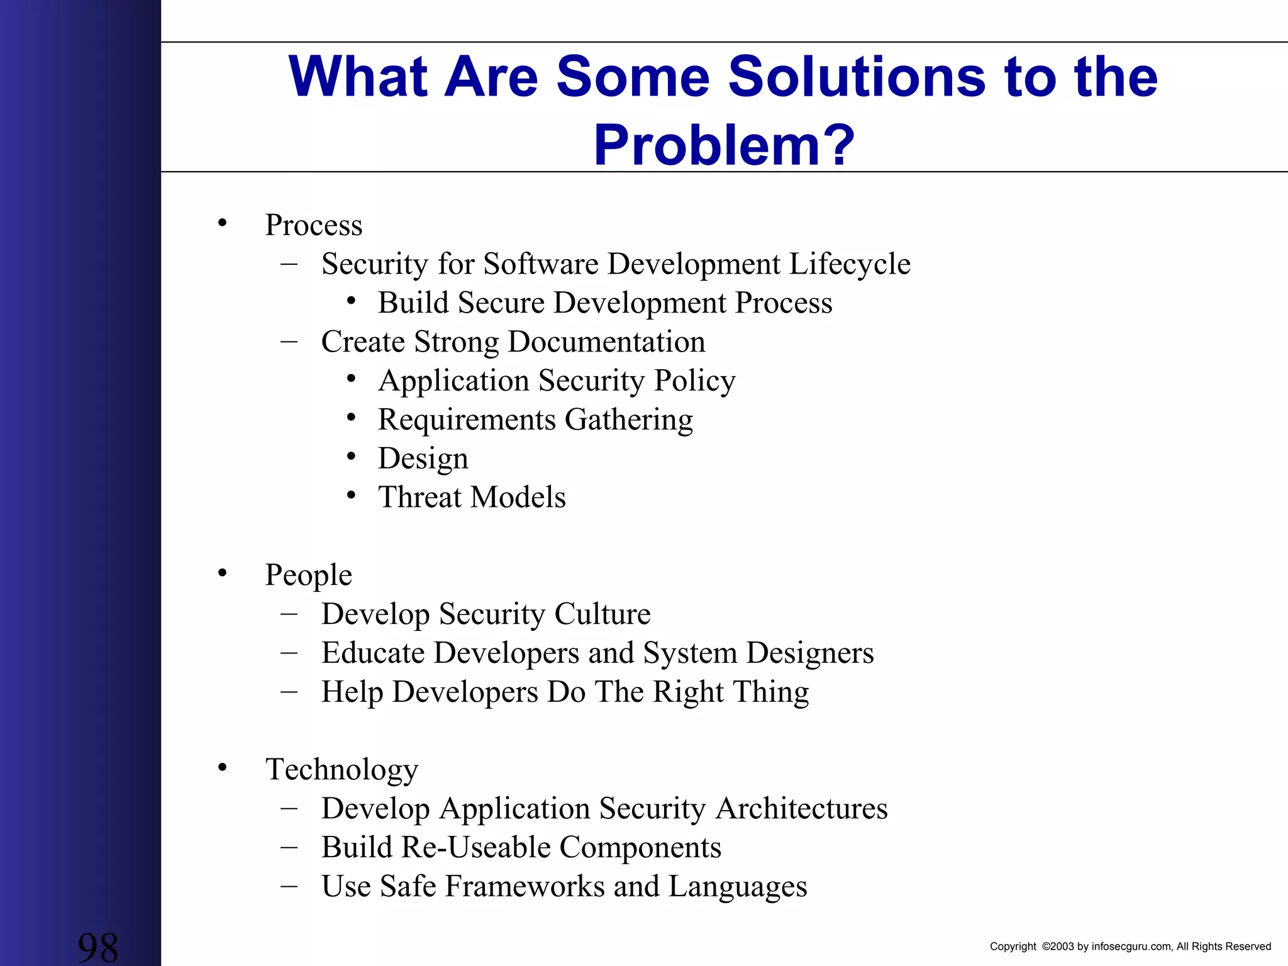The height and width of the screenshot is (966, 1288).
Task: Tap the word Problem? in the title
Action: [x=724, y=145]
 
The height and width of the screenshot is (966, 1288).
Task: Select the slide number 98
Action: [x=97, y=947]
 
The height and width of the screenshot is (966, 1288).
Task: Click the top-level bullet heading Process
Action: [x=313, y=225]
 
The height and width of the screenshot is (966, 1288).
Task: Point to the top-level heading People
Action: [x=308, y=575]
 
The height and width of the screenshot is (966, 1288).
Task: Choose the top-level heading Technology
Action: [x=341, y=769]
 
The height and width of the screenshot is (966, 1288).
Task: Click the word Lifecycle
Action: [x=849, y=264]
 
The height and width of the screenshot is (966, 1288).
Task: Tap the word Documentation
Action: [x=606, y=342]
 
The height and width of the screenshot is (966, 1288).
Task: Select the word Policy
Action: [x=694, y=381]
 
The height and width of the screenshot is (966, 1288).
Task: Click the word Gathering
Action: [x=628, y=420]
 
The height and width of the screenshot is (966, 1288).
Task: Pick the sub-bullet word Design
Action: [x=423, y=459]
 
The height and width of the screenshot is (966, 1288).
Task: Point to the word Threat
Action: [x=420, y=497]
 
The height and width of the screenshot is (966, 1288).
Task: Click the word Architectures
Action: [x=801, y=808]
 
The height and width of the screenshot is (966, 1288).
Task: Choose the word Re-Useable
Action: [x=475, y=847]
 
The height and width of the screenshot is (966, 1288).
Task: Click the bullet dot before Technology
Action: [x=222, y=767]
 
